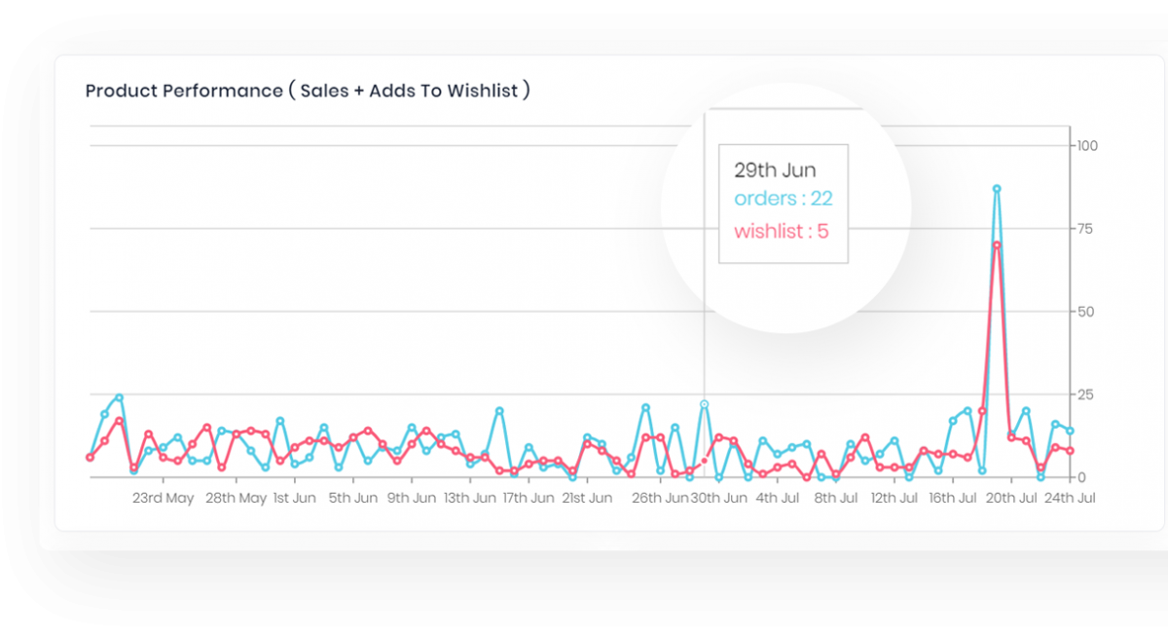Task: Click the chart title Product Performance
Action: [x=308, y=92]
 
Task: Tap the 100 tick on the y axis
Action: [x=1086, y=146]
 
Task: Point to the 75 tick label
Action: [x=1083, y=229]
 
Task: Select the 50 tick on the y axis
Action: [x=1083, y=312]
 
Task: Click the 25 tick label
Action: [x=1083, y=395]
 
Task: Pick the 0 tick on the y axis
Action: [x=1079, y=477]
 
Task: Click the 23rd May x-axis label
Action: [x=163, y=499]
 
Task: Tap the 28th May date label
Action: [x=236, y=499]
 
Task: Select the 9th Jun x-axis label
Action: [x=411, y=499]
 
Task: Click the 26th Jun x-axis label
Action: [x=659, y=499]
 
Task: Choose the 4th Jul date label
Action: [x=778, y=499]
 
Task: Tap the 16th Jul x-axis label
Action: [x=953, y=499]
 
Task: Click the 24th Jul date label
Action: [x=1070, y=499]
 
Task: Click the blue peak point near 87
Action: [x=997, y=189]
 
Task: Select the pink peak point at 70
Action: [x=997, y=245]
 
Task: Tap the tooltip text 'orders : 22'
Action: [x=783, y=200]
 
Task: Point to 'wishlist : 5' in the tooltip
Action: [x=781, y=232]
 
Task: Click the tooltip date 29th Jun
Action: [x=775, y=170]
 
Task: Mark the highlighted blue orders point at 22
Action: [x=704, y=404]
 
